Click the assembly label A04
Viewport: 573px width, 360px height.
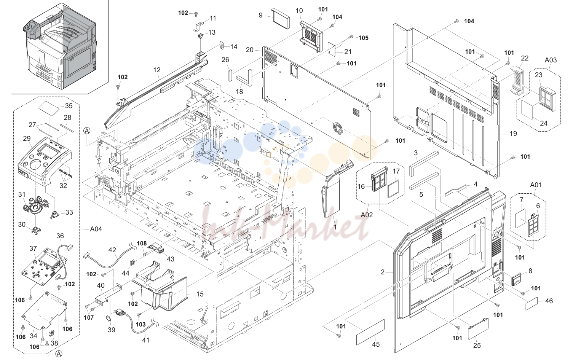tap(96, 229)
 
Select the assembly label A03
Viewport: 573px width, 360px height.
tap(551, 60)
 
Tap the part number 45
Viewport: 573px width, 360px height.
tap(375, 344)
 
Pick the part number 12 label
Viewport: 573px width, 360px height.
tap(157, 70)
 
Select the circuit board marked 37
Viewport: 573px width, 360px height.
tap(44, 267)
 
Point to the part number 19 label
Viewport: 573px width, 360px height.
tap(513, 134)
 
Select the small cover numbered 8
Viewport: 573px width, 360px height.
tap(517, 279)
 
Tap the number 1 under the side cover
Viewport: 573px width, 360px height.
tap(335, 227)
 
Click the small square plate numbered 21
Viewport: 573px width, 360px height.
tap(332, 49)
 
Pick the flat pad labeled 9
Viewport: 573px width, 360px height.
tap(281, 18)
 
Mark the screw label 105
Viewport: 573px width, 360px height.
tap(363, 38)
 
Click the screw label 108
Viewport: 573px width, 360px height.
tap(142, 243)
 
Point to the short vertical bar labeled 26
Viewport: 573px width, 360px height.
tap(230, 75)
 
